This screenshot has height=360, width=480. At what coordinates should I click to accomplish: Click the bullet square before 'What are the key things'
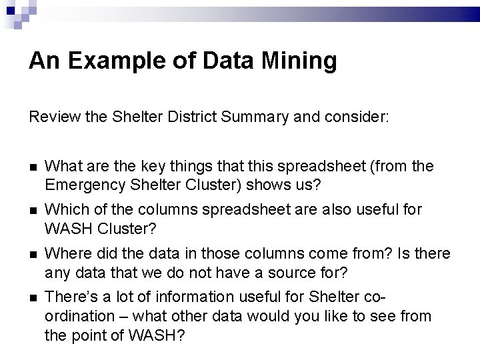(x=33, y=166)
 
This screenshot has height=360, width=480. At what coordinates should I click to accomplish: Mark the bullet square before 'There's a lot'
(x=33, y=297)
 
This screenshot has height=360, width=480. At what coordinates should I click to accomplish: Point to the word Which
(x=63, y=209)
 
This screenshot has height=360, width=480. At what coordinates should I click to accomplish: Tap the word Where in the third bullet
(x=65, y=254)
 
